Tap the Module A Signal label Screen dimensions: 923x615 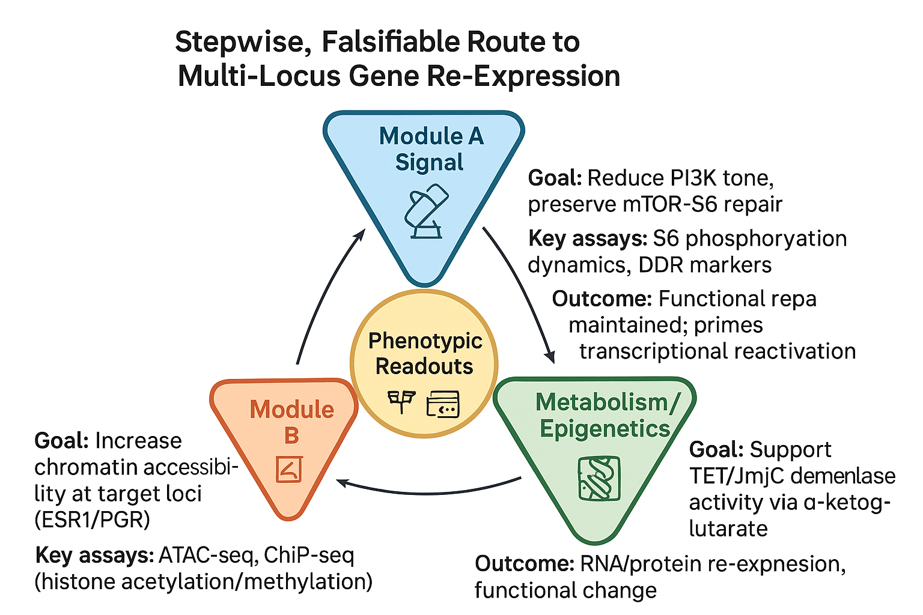(x=431, y=149)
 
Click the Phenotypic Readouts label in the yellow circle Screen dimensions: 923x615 (x=425, y=353)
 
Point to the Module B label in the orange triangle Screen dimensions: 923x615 (x=291, y=422)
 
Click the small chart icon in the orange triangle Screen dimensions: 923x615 (x=289, y=469)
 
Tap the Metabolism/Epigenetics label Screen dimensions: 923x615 (x=605, y=415)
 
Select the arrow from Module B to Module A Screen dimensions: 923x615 (x=323, y=291)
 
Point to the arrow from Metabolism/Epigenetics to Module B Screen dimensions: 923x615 (x=428, y=492)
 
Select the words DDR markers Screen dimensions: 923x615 (x=705, y=265)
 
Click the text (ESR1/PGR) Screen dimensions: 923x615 (x=93, y=520)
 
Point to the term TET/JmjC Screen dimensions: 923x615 (x=736, y=476)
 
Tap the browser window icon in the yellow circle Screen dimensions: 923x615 (x=442, y=404)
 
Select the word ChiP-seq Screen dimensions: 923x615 (x=309, y=556)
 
